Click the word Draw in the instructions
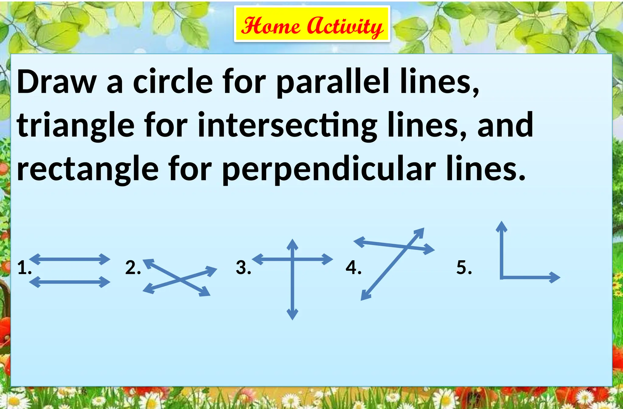[57, 81]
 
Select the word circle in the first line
[173, 81]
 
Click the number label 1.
[24, 268]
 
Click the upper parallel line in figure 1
[70, 259]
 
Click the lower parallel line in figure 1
[70, 282]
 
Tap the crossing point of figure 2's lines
[180, 279]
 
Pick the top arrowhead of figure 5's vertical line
[502, 227]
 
